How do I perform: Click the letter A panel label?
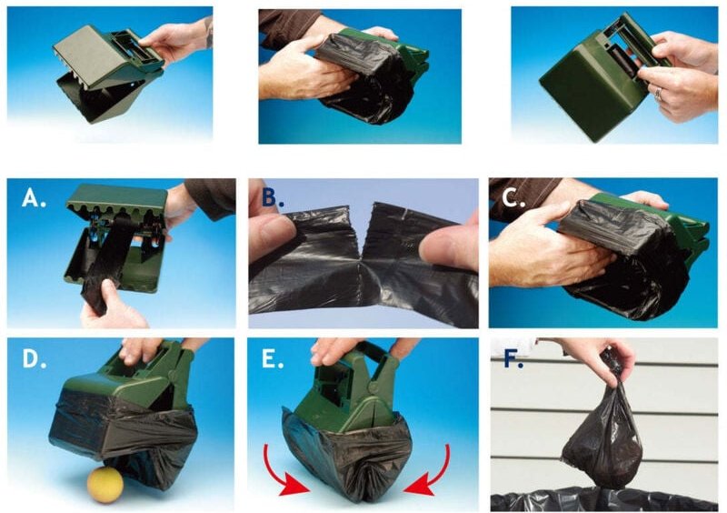34,198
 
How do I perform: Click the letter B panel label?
273,198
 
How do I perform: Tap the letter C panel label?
513,198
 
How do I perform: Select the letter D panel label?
35,359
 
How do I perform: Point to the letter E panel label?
273,359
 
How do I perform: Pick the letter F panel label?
513,359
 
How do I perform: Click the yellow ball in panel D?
105,485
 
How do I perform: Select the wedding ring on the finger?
657,94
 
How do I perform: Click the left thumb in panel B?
271,232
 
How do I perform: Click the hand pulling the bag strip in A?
111,307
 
